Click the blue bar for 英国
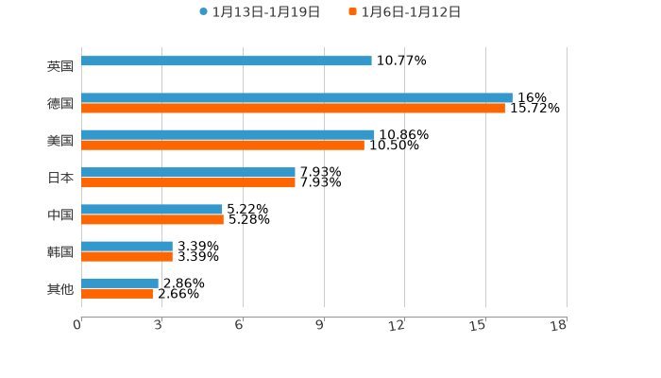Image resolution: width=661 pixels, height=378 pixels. click(227, 60)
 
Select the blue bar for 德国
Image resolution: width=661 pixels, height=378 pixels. click(297, 97)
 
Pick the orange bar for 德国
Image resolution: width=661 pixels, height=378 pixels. click(293, 109)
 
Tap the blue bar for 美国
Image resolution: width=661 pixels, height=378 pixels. click(228, 134)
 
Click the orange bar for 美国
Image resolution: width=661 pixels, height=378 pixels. click(223, 146)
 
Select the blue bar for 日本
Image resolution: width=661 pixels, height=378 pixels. click(188, 172)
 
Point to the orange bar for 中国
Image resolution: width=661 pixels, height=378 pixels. click(152, 220)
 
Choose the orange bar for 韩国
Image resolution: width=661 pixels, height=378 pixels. click(127, 257)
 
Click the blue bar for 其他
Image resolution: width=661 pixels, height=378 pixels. click(120, 283)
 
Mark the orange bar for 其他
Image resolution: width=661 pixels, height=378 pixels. click(117, 294)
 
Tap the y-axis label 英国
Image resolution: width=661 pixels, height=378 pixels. click(60, 66)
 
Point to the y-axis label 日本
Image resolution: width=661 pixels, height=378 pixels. click(60, 178)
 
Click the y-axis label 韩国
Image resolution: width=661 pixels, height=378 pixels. click(60, 251)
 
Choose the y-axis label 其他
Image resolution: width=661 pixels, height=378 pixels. click(60, 288)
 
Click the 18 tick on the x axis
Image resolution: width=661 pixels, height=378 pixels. click(559, 325)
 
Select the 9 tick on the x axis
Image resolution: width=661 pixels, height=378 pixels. click(320, 325)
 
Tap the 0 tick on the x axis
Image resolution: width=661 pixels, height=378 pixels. click(77, 325)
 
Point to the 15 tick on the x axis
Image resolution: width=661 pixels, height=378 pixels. click(479, 325)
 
